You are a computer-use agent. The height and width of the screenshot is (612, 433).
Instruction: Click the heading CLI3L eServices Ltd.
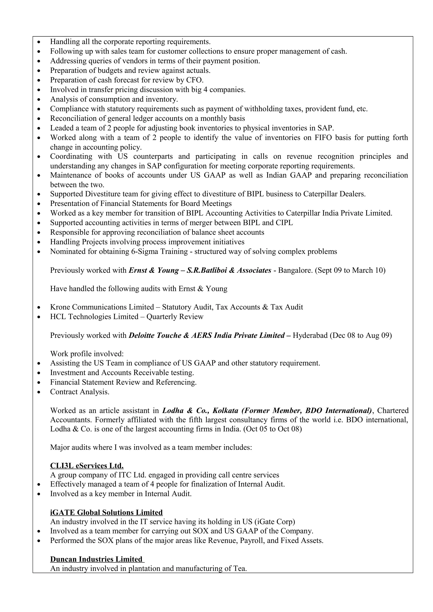[87, 465]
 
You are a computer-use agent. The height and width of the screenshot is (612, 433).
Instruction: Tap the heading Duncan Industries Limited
[97, 559]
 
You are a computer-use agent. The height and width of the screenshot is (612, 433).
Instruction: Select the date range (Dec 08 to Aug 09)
[361, 335]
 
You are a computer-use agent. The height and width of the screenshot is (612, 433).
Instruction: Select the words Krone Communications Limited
[102, 307]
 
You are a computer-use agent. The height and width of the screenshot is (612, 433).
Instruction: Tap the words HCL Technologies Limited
[94, 317]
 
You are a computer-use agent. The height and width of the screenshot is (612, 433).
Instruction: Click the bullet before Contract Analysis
[39, 392]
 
